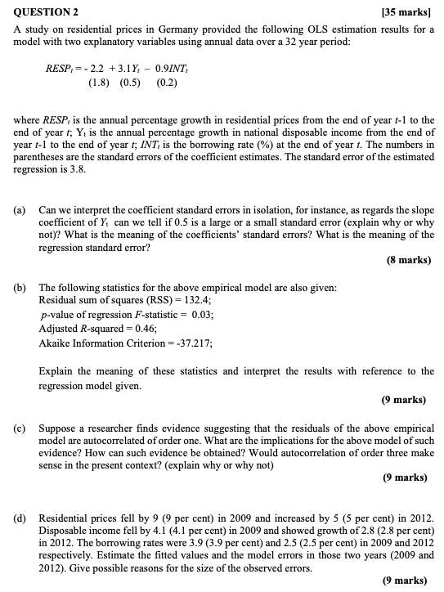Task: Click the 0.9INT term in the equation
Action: pos(171,67)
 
